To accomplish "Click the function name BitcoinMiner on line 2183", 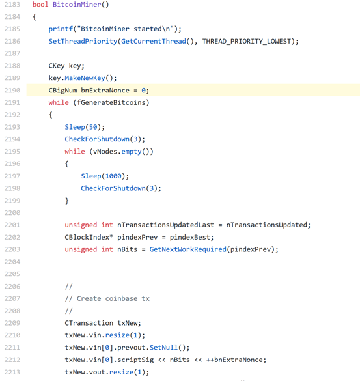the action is tap(77, 5).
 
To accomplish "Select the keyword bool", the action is tap(40, 5).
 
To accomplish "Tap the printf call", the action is tap(61, 29).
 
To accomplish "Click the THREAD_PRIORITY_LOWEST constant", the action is tap(247, 41).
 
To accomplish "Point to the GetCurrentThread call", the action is tap(154, 41).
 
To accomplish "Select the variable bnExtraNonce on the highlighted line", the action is tap(105, 91).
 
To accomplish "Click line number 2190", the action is tap(12, 91).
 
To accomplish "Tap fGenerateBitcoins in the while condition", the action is tap(111, 102).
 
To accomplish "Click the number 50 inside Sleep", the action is tap(93, 127).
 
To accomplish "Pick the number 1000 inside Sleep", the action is tap(113, 176).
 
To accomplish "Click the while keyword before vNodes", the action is tap(75, 151).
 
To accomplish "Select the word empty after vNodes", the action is tap(132, 152).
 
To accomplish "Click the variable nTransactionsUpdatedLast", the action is tap(165, 225).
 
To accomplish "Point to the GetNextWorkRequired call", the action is tap(187, 249).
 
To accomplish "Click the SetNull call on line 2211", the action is tap(163, 348).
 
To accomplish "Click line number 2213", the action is tap(12, 372).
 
